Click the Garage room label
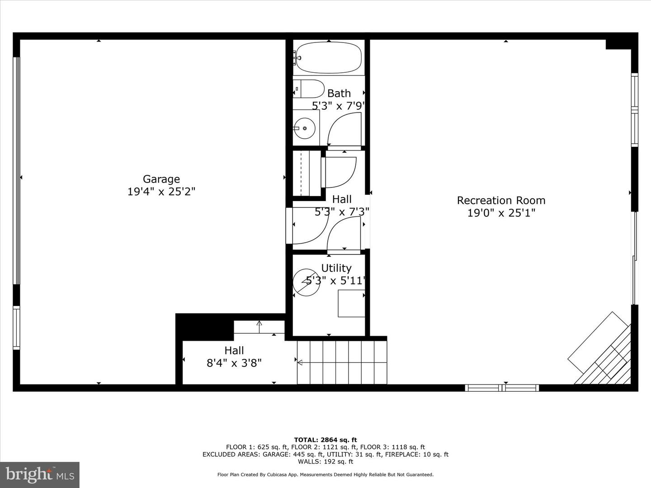point(161,179)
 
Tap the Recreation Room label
point(501,200)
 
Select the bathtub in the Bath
point(329,57)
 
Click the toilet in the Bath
point(308,89)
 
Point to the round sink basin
point(304,128)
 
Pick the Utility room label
point(336,268)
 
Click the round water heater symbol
point(307,282)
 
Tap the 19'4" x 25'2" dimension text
point(161,192)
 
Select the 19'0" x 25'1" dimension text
point(501,213)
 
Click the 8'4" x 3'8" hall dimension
point(234,363)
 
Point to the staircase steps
point(342,362)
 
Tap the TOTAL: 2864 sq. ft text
point(325,440)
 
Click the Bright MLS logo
point(40,474)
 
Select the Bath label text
point(339,94)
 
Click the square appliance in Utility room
point(351,303)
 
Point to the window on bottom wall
point(502,388)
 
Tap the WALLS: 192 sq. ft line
point(325,461)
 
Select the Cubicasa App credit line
point(325,474)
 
